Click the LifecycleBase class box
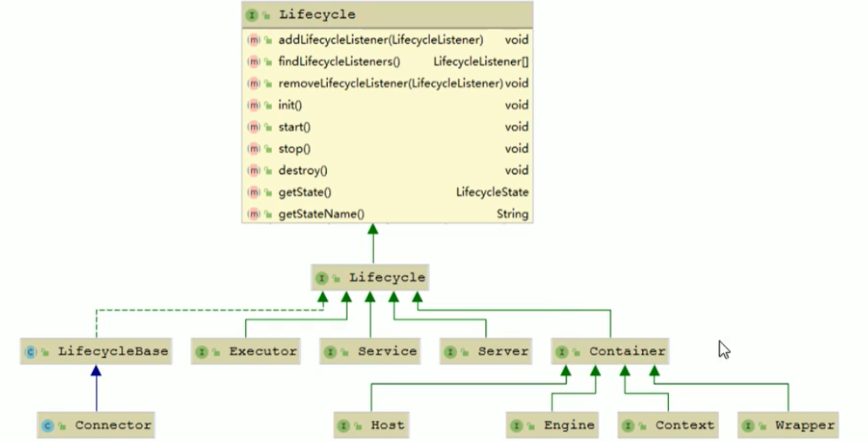96,351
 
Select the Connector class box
96,426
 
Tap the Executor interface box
246,351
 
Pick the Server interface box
486,351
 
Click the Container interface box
610,351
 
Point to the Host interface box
371,426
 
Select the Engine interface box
552,426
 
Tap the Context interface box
668,426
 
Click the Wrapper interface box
788,426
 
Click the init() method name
290,105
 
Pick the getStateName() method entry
321,214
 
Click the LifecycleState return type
492,192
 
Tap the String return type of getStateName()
512,214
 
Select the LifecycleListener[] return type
481,62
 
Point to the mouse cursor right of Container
724,349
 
